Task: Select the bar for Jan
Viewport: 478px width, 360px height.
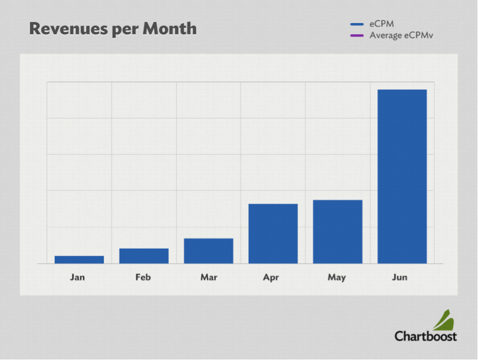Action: [79, 260]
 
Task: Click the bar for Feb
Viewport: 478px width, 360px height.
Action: [144, 256]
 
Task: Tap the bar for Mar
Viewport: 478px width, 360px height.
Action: [208, 251]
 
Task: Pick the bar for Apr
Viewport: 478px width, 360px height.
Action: [273, 234]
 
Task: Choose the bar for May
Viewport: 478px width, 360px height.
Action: [338, 231]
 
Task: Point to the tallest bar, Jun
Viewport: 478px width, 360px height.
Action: [402, 176]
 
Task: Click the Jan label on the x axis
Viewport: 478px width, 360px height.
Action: [78, 278]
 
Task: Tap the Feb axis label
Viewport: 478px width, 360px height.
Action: [143, 278]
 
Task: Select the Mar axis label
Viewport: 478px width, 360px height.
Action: [209, 278]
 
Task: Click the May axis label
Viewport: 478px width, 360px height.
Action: [337, 278]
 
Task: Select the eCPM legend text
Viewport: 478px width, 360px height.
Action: [382, 24]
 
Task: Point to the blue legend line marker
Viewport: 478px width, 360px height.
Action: [357, 24]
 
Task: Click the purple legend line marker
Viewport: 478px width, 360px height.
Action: [357, 36]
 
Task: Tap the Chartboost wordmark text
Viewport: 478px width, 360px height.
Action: [426, 336]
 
